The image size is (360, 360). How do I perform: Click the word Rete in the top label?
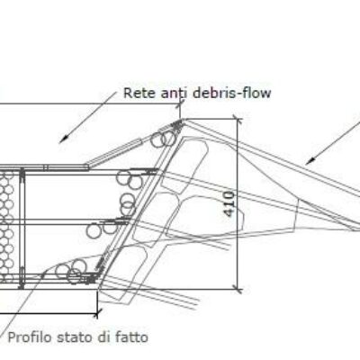point(139,93)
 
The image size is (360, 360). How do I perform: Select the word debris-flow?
point(231,93)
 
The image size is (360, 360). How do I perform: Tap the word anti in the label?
point(174,93)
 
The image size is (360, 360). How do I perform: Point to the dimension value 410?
point(229,204)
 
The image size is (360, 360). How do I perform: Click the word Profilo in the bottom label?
point(30,337)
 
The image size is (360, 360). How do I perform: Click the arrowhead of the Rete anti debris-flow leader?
point(62,140)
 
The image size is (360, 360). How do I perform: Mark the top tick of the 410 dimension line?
point(238,120)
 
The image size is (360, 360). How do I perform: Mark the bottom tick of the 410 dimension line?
point(238,290)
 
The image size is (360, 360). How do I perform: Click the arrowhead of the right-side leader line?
point(309,162)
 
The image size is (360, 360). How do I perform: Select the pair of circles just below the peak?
point(163,139)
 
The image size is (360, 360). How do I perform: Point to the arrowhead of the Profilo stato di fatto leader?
point(44,274)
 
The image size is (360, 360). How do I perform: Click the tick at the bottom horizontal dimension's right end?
point(97,313)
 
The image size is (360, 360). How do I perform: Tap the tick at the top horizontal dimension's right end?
point(181,104)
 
